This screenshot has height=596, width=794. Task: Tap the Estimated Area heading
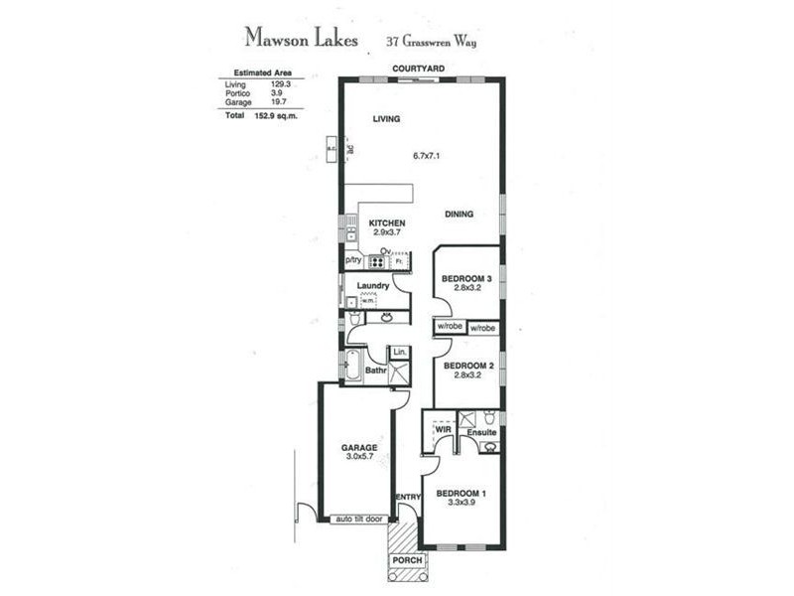click(x=262, y=74)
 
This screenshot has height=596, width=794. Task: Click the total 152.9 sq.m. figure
click(x=277, y=115)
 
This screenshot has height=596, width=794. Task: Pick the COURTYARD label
click(x=418, y=68)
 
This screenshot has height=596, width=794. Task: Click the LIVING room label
click(x=386, y=119)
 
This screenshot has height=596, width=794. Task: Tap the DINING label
click(x=459, y=214)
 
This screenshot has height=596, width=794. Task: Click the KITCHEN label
click(x=386, y=223)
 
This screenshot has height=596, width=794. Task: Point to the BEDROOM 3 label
click(x=467, y=278)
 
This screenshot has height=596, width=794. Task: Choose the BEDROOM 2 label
click(x=467, y=366)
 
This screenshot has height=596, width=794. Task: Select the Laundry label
click(x=372, y=287)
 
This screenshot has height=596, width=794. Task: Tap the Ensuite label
click(x=482, y=432)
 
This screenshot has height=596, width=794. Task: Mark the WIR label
click(x=443, y=429)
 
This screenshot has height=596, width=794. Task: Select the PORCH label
click(x=408, y=561)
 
